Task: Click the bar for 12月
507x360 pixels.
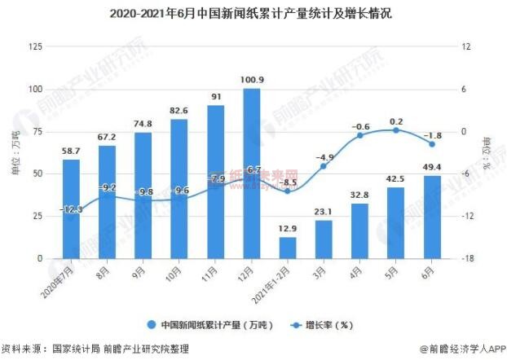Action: [x=252, y=173]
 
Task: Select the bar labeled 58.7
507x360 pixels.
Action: [x=72, y=209]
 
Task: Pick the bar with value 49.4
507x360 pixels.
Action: [x=431, y=217]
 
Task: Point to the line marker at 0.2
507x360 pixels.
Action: [x=396, y=130]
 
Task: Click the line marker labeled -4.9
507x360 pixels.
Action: [x=324, y=166]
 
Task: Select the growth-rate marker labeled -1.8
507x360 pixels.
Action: [x=431, y=144]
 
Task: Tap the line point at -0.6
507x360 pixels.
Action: [x=359, y=135]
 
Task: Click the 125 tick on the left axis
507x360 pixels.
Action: [x=34, y=46]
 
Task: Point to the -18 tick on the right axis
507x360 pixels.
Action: [x=466, y=259]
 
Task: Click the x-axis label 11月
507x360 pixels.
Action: [x=213, y=270]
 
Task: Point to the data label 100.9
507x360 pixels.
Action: [x=252, y=79]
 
